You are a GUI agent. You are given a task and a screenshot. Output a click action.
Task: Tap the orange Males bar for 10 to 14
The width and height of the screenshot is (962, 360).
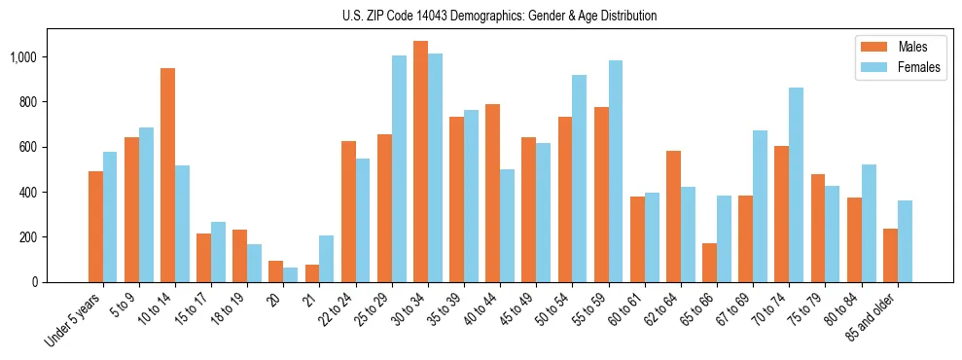pyautogui.click(x=167, y=175)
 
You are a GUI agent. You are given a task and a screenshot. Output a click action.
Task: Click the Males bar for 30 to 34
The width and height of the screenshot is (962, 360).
pyautogui.click(x=420, y=162)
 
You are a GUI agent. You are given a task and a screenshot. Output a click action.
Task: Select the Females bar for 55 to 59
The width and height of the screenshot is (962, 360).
pyautogui.click(x=616, y=171)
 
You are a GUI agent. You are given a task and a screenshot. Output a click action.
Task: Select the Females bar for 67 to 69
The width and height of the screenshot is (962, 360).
pyautogui.click(x=760, y=206)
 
